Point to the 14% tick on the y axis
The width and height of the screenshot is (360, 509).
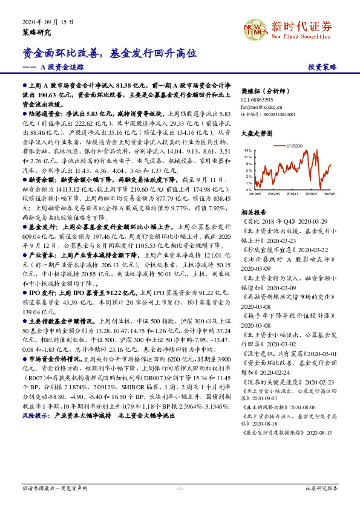point(249,149)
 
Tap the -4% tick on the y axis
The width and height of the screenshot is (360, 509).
point(249,190)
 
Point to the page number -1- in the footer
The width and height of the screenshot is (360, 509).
point(180,488)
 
